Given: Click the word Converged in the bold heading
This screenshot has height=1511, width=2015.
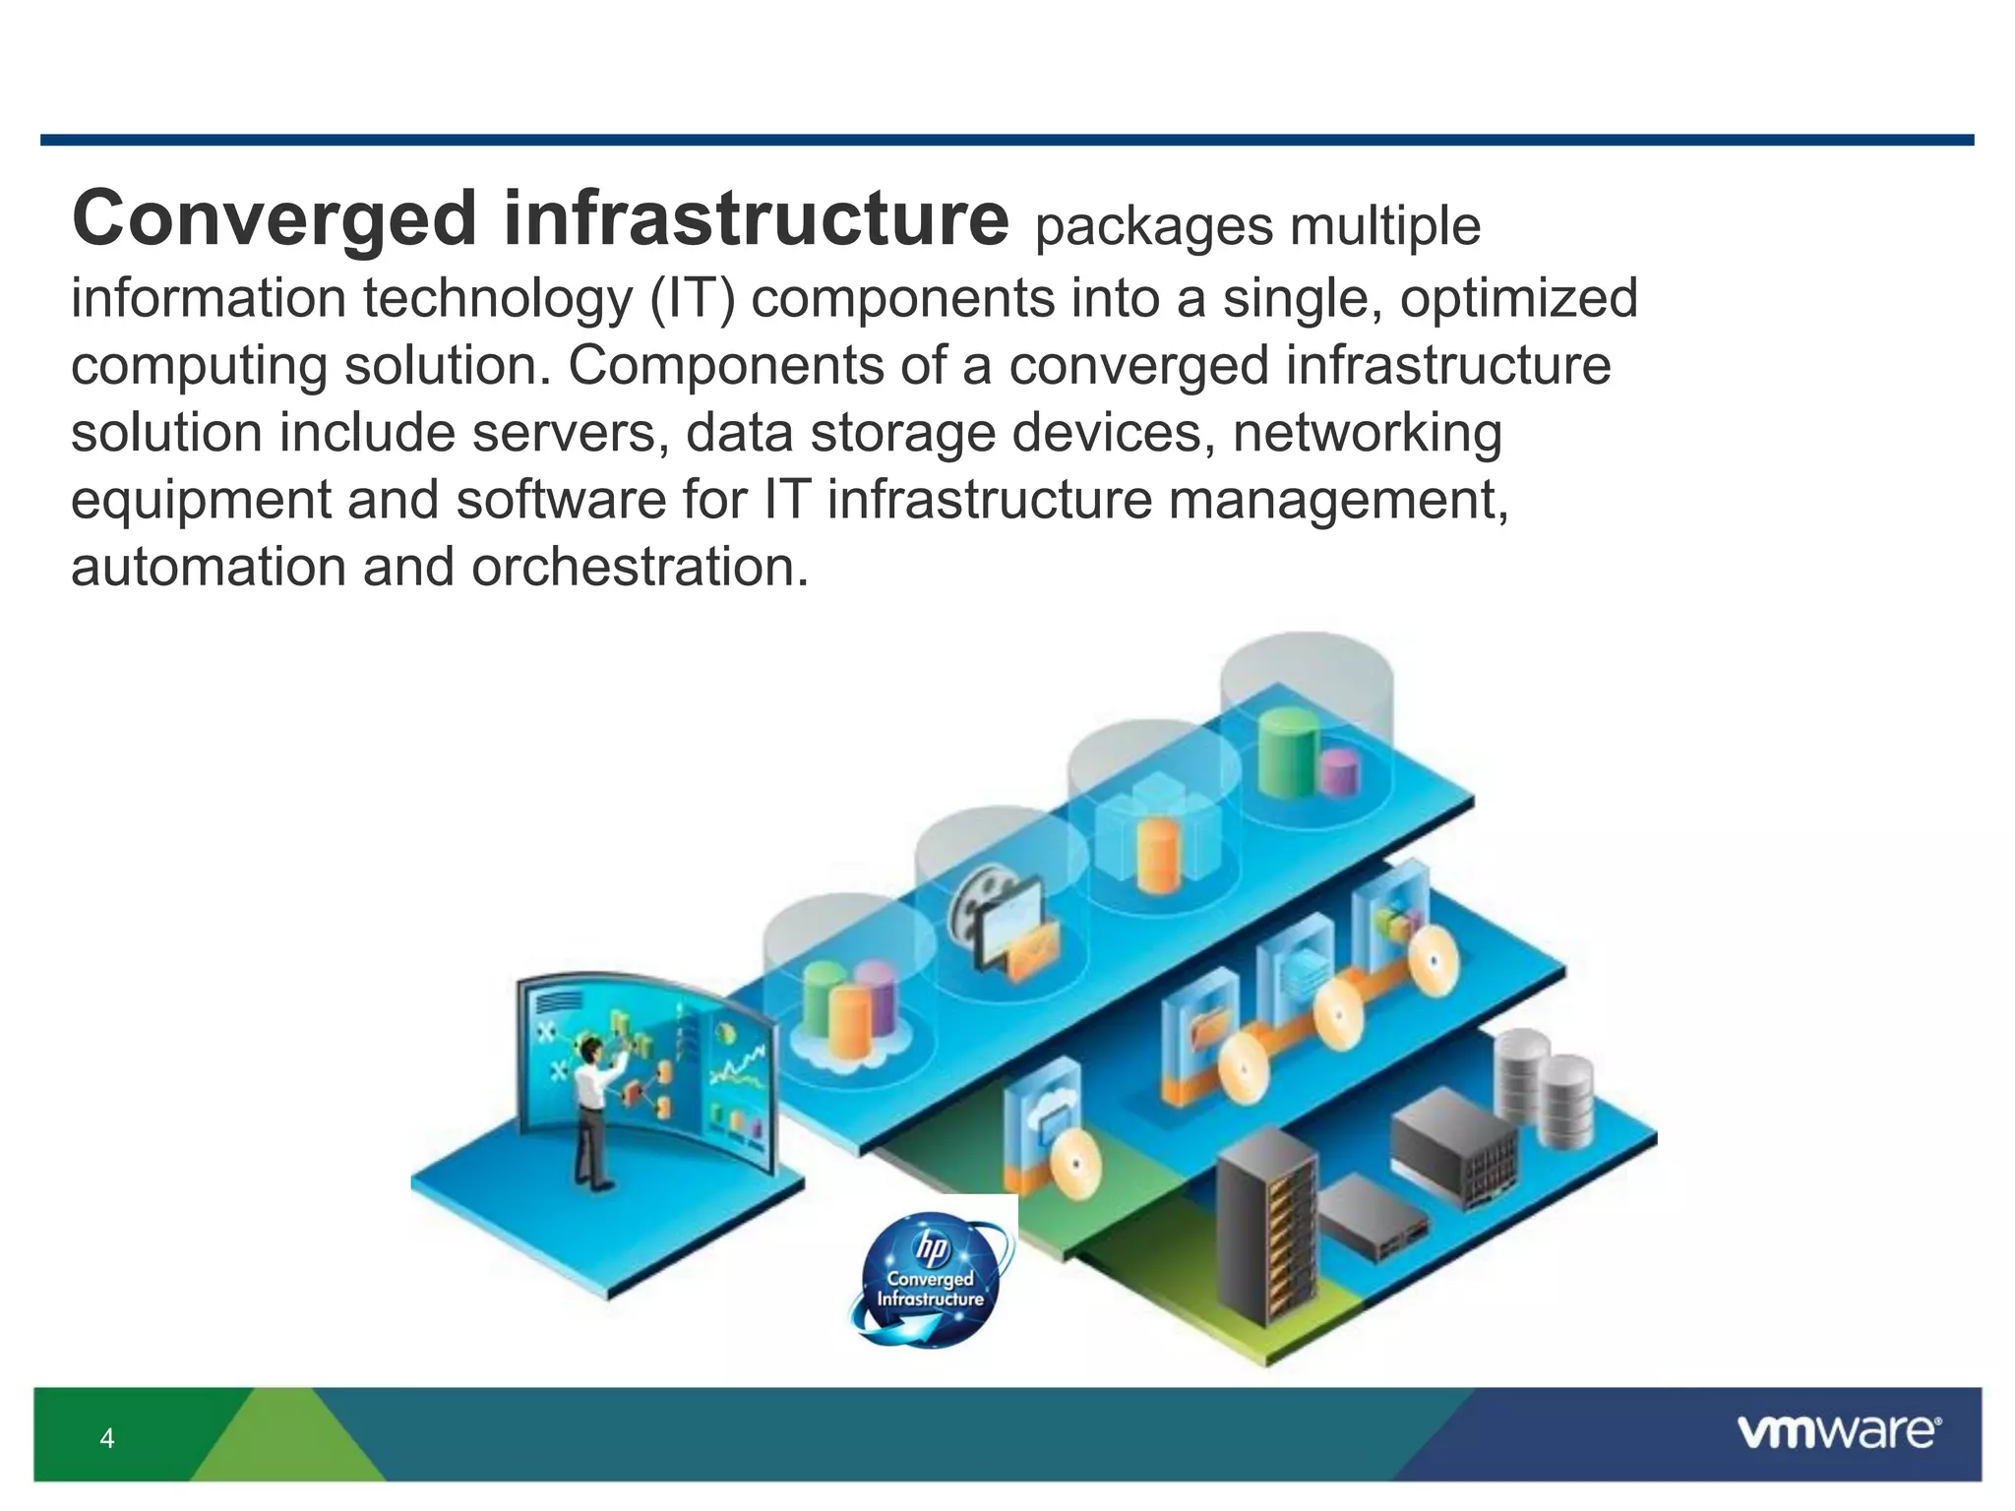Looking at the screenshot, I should (275, 218).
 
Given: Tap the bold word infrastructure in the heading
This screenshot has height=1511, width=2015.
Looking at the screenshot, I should (756, 218).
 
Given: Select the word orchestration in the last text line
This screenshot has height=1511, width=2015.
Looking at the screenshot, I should (640, 568).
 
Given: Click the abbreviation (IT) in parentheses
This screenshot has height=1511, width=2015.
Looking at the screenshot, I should (693, 298).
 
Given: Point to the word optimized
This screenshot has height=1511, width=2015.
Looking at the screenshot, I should (1519, 298).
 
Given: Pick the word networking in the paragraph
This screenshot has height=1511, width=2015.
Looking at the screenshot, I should (1368, 433).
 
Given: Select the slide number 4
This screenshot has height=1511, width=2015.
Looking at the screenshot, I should (107, 1439).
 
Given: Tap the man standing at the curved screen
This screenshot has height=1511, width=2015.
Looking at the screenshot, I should (596, 1112).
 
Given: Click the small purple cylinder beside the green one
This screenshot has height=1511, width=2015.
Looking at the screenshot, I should (1340, 772).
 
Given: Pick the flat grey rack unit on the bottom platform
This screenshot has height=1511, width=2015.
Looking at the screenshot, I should (1373, 1220).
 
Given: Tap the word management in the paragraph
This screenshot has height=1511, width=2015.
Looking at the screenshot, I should (1338, 500).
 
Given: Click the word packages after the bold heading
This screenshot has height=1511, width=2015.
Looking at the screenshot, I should (1153, 226).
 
